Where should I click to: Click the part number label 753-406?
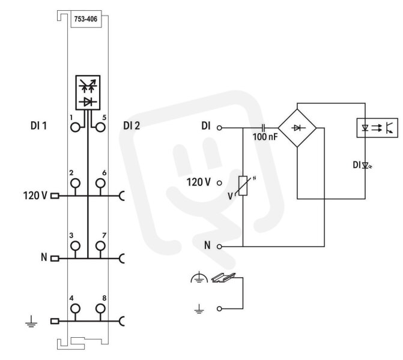click(86, 19)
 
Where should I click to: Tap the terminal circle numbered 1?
click(75, 127)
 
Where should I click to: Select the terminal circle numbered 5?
click(100, 127)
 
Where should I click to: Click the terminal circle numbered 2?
click(75, 183)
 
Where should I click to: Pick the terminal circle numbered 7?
click(100, 246)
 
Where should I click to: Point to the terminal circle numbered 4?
click(75, 308)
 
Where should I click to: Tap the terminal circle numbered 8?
click(100, 308)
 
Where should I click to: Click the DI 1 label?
click(39, 126)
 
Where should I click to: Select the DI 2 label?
click(132, 126)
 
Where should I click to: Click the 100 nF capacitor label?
click(265, 137)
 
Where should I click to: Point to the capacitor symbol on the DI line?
click(263, 127)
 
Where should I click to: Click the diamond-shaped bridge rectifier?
click(297, 128)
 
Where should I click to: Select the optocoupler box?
click(377, 128)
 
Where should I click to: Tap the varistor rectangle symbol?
click(243, 186)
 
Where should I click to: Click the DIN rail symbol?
click(223, 278)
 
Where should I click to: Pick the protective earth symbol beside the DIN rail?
click(199, 278)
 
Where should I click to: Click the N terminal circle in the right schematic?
click(219, 247)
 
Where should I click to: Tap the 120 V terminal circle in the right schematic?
click(219, 183)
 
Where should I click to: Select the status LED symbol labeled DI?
click(366, 166)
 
